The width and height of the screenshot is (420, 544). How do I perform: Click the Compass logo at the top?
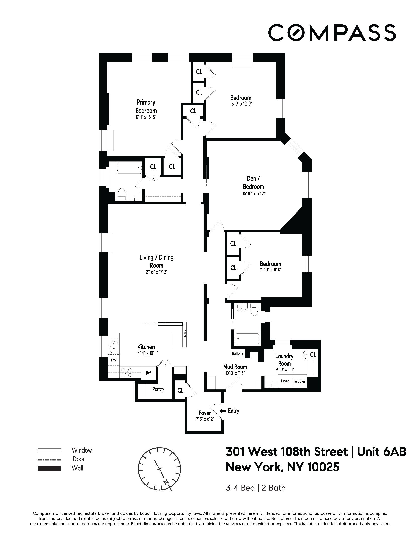pyautogui.click(x=331, y=32)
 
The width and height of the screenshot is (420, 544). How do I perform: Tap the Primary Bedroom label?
pyautogui.click(x=146, y=106)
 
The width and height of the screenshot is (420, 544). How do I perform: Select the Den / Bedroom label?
pyautogui.click(x=253, y=182)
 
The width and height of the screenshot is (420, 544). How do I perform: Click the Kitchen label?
pyautogui.click(x=146, y=347)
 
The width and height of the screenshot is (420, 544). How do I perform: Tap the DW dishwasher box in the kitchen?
pyautogui.click(x=114, y=360)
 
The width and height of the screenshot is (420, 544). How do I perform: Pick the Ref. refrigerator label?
pyautogui.click(x=149, y=373)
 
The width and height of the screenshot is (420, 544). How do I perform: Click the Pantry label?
pyautogui.click(x=158, y=389)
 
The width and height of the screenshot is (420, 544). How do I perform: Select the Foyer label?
pyautogui.click(x=205, y=413)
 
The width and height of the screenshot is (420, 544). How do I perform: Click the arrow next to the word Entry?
pyautogui.click(x=223, y=411)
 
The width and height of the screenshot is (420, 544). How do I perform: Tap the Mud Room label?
pyautogui.click(x=235, y=367)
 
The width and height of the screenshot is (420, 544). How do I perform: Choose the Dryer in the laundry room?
pyautogui.click(x=285, y=381)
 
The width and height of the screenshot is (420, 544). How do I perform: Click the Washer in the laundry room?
pyautogui.click(x=300, y=381)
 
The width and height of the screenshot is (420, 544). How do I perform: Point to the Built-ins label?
pyautogui.click(x=238, y=353)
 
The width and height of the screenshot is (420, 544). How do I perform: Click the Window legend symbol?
pyautogui.click(x=49, y=450)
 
